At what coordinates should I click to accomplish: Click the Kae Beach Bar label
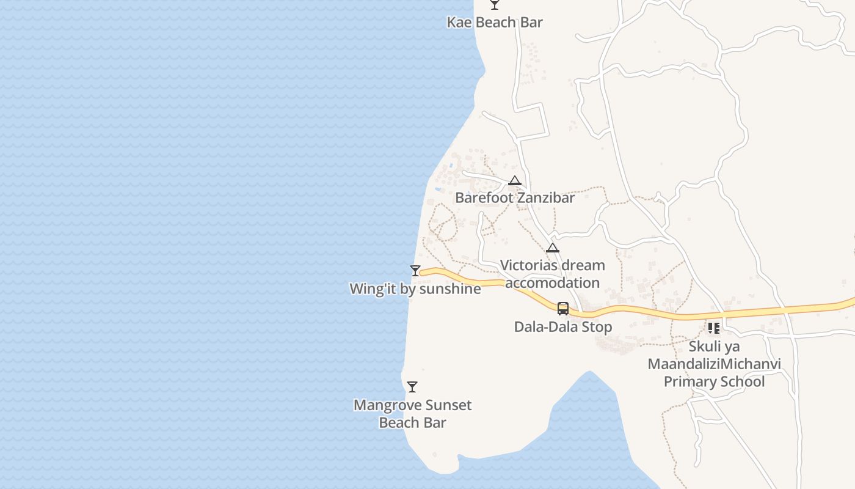pyautogui.click(x=495, y=23)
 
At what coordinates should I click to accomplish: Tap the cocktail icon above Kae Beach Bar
pyautogui.click(x=495, y=5)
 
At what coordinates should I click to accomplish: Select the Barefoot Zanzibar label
pyautogui.click(x=515, y=198)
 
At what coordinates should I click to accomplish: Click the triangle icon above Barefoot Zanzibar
pyautogui.click(x=515, y=181)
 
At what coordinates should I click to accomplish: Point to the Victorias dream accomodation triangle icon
pyautogui.click(x=553, y=248)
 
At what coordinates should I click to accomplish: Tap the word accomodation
pyautogui.click(x=553, y=283)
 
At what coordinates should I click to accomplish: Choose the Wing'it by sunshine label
pyautogui.click(x=415, y=289)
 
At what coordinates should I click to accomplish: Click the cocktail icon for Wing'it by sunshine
pyautogui.click(x=415, y=270)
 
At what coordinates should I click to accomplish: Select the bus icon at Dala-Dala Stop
pyautogui.click(x=563, y=309)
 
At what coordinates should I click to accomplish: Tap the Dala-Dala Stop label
pyautogui.click(x=563, y=327)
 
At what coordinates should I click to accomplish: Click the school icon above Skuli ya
pyautogui.click(x=714, y=328)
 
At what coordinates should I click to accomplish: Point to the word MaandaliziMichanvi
pyautogui.click(x=714, y=364)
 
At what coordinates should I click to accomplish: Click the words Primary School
pyautogui.click(x=714, y=382)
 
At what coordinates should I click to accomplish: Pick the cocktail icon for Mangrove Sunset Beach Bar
pyautogui.click(x=412, y=387)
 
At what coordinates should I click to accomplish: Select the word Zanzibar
pyautogui.click(x=545, y=198)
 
